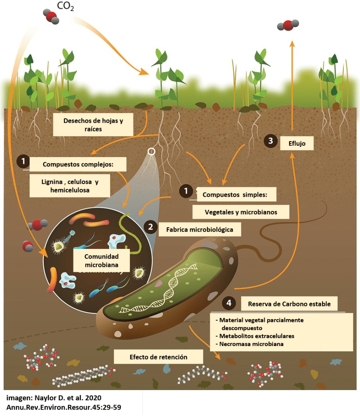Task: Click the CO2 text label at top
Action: [65, 7]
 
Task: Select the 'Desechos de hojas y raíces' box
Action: [93, 125]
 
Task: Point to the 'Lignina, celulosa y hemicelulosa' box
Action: [70, 186]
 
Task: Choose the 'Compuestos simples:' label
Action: [236, 195]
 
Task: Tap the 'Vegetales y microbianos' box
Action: [241, 212]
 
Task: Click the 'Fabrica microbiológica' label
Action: [200, 229]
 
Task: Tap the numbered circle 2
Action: [151, 227]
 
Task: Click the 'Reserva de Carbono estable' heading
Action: [289, 304]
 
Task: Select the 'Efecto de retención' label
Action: [158, 357]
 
